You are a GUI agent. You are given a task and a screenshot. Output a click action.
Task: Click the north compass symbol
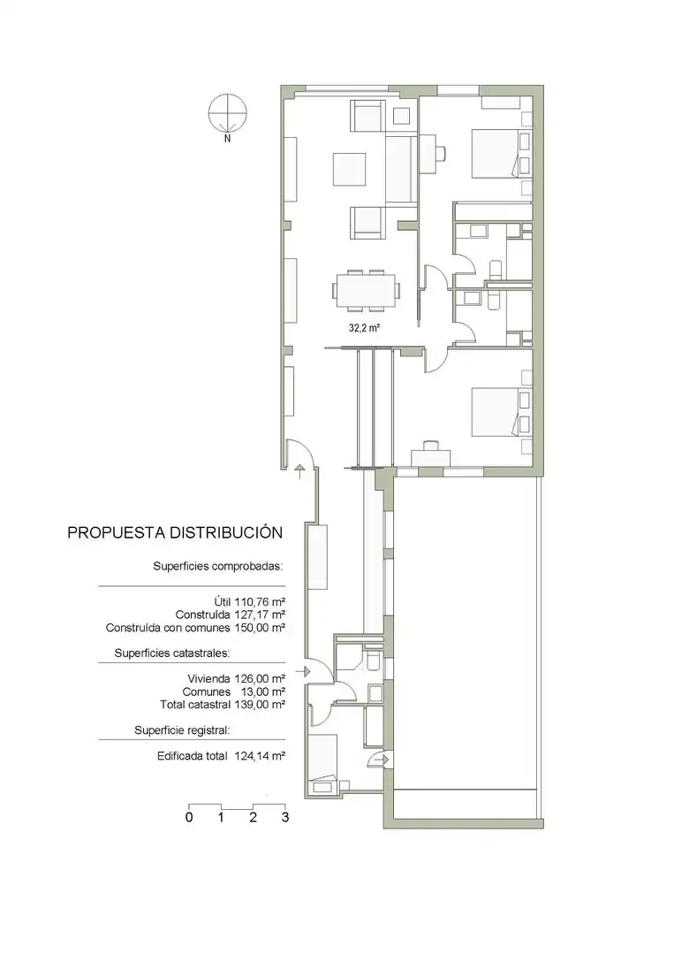tap(228, 114)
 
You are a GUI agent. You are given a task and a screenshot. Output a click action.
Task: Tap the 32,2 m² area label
tap(364, 328)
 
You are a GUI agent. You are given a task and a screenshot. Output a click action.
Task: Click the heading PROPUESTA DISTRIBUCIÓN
tap(175, 532)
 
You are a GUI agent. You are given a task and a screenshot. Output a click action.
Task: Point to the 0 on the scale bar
tap(189, 817)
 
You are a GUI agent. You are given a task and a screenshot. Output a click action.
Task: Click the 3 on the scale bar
tap(284, 817)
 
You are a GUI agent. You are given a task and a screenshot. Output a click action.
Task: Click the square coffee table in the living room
tap(349, 169)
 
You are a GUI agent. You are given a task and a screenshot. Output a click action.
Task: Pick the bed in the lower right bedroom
tap(501, 412)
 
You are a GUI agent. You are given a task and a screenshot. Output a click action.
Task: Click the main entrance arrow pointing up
tap(299, 471)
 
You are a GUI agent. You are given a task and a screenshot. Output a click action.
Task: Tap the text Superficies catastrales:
tap(172, 653)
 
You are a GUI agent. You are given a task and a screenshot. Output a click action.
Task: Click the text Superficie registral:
tap(182, 730)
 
